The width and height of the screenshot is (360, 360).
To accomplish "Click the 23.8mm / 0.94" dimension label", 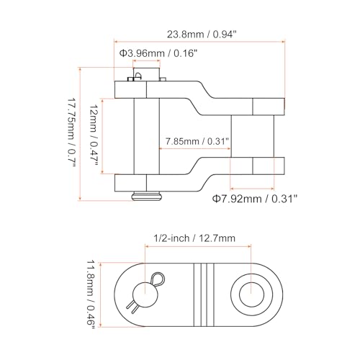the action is pos(202,35).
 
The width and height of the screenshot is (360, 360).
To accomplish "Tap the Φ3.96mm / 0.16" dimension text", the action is pos(158,53).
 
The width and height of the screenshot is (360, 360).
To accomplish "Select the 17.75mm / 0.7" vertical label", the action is pos(72,132).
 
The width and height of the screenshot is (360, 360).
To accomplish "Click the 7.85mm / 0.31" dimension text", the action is pos(197,141).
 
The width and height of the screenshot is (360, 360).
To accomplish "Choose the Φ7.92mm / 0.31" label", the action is pos(255,199).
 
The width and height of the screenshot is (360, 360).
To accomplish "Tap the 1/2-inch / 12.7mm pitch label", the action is pos(194,238).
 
